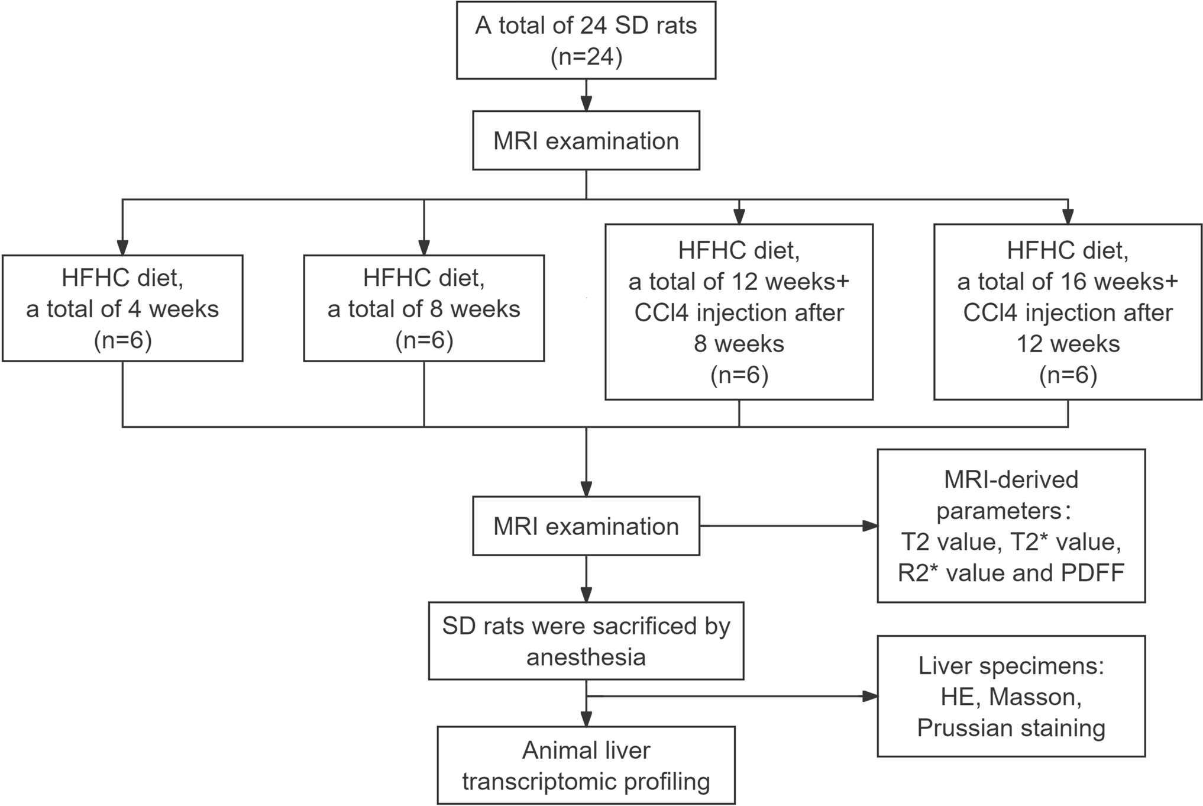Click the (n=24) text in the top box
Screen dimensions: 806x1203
pyautogui.click(x=586, y=58)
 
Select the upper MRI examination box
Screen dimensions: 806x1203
pyautogui.click(x=586, y=141)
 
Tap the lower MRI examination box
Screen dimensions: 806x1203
pyautogui.click(x=586, y=526)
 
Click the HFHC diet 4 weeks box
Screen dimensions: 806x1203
pyautogui.click(x=122, y=308)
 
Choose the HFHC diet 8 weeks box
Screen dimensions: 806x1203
pyautogui.click(x=423, y=308)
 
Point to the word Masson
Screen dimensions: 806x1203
pyautogui.click(x=1035, y=697)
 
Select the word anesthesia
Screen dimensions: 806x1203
pyautogui.click(x=586, y=657)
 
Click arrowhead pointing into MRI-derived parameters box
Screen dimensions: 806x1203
pyautogui.click(x=870, y=525)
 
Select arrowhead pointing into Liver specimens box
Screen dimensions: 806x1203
pyautogui.click(x=870, y=697)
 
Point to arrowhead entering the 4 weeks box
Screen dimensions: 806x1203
pyautogui.click(x=122, y=247)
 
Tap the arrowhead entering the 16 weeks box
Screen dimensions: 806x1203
pyautogui.click(x=1068, y=217)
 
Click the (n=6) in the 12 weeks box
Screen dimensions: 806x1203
pyautogui.click(x=739, y=375)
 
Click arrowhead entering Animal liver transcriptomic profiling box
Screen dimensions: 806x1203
pyautogui.click(x=586, y=718)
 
